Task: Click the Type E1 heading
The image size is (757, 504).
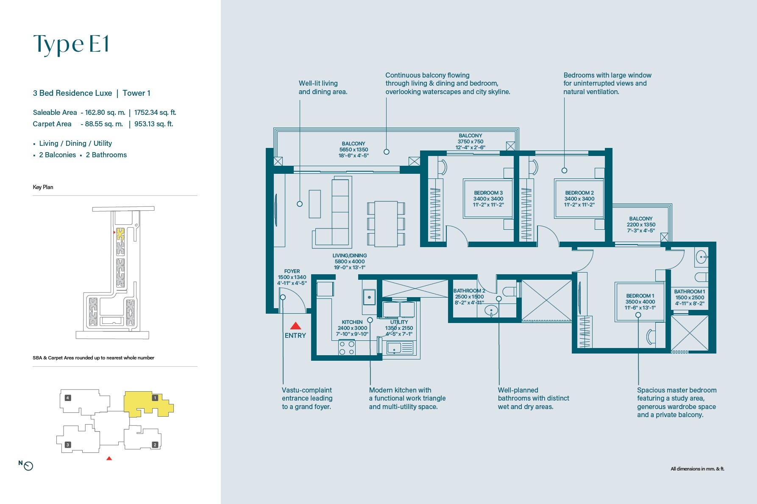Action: point(71,44)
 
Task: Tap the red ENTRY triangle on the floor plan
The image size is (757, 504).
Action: point(295,326)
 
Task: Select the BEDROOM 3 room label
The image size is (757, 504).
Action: point(488,199)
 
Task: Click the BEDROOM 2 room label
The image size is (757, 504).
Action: point(579,199)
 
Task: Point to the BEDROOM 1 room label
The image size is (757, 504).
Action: point(640,301)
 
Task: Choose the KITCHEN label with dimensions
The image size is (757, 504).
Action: point(352,328)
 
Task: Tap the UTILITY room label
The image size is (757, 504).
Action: point(399,328)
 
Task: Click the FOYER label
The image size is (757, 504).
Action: point(292,277)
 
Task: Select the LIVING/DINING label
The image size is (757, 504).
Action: point(349,262)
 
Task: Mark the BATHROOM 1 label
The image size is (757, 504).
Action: point(690,297)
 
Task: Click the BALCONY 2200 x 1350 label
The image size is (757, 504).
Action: point(641,225)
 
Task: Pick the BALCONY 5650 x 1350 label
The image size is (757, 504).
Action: point(353,150)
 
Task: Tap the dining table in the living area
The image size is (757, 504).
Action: point(386,224)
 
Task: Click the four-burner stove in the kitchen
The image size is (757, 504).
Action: point(347,348)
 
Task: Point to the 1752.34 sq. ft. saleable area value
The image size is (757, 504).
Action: point(155,112)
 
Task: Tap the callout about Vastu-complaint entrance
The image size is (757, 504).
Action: point(307,398)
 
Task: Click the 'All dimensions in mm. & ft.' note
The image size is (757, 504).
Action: point(697,469)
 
